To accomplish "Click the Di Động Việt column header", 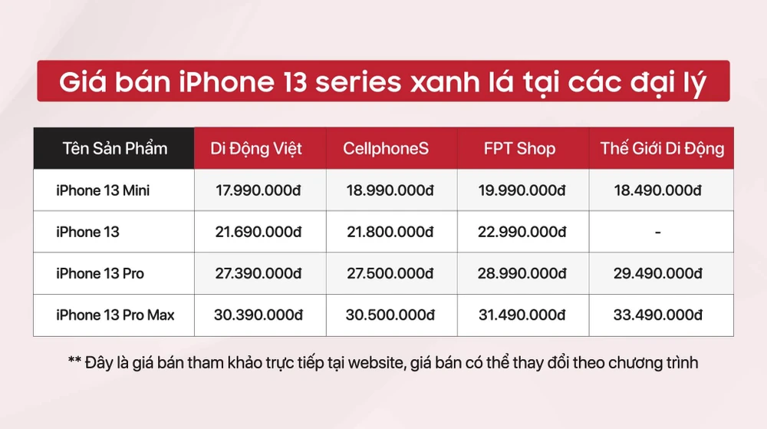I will [x=256, y=149].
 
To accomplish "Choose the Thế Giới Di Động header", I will [x=662, y=149].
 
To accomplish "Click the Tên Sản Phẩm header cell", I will [x=114, y=149].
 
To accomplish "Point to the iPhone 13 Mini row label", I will [x=103, y=190].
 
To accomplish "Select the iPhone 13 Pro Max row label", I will [x=115, y=315].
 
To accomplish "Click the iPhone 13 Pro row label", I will [x=100, y=274].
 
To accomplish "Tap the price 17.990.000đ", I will [x=256, y=190].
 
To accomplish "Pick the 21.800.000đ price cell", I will [x=391, y=232].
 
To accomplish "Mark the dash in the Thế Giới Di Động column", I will [x=657, y=232].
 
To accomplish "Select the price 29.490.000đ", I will [x=657, y=274].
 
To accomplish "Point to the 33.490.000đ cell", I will [x=657, y=315].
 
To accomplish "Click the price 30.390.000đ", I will [x=256, y=315].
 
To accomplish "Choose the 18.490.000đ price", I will [x=657, y=190].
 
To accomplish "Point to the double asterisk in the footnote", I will [x=75, y=361].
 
